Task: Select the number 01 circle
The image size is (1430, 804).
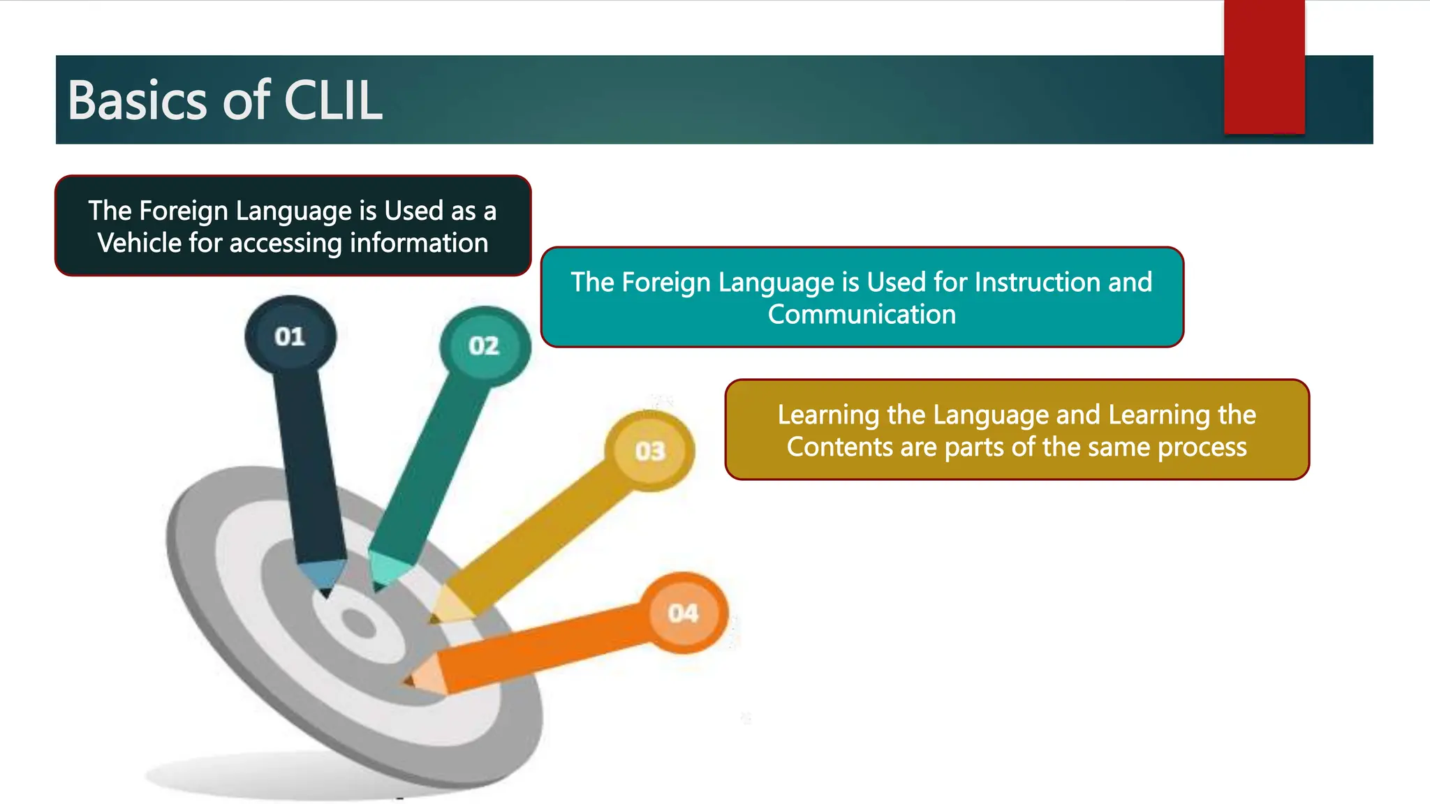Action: pyautogui.click(x=290, y=336)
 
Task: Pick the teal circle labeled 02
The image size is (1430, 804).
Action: pyautogui.click(x=484, y=345)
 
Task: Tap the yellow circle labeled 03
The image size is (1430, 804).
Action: pyautogui.click(x=650, y=451)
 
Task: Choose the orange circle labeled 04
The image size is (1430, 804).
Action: pyautogui.click(x=683, y=613)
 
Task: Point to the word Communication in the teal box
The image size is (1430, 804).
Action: pyautogui.click(x=862, y=315)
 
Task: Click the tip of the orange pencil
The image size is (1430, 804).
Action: pyautogui.click(x=406, y=680)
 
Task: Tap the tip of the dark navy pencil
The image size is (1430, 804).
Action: pyautogui.click(x=325, y=595)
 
